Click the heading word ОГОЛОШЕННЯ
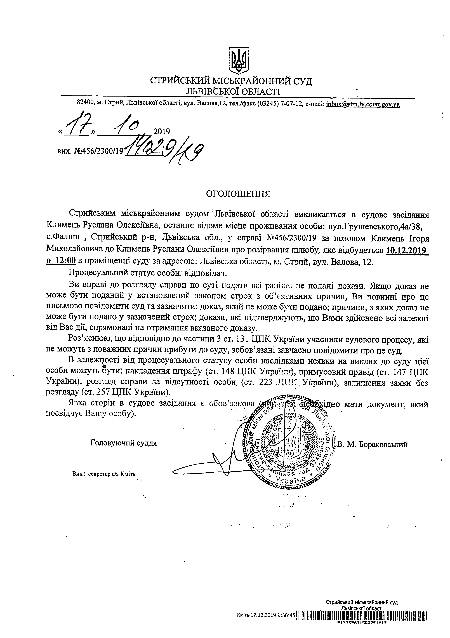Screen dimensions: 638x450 coord(238,194)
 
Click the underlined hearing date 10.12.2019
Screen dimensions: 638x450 coord(407,250)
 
